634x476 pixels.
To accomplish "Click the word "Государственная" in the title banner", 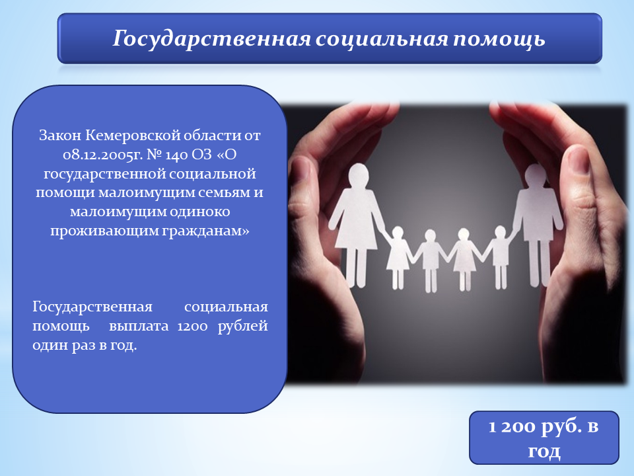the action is tap(211, 39).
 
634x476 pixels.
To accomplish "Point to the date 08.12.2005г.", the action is tap(103, 155).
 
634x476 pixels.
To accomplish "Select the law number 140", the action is tap(178, 155).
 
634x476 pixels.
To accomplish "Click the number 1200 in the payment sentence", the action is tap(192, 326).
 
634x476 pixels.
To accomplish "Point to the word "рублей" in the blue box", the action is tap(242, 327).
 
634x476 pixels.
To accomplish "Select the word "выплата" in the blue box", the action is tap(139, 327).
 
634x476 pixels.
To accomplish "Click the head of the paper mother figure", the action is tap(358, 175).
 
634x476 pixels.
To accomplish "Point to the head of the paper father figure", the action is tap(535, 175).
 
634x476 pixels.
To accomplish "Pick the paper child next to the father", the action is tap(500, 257).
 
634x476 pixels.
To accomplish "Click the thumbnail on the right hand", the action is tap(577, 161).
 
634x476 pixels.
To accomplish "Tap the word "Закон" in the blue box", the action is tap(60, 136).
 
